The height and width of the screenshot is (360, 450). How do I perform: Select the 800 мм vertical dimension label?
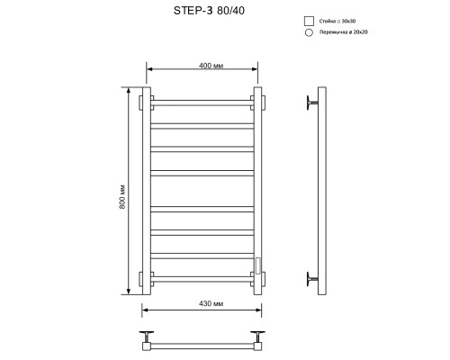121,197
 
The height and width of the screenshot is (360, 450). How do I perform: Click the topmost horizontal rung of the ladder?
202,101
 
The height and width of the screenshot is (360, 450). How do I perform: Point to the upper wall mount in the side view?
312,103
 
